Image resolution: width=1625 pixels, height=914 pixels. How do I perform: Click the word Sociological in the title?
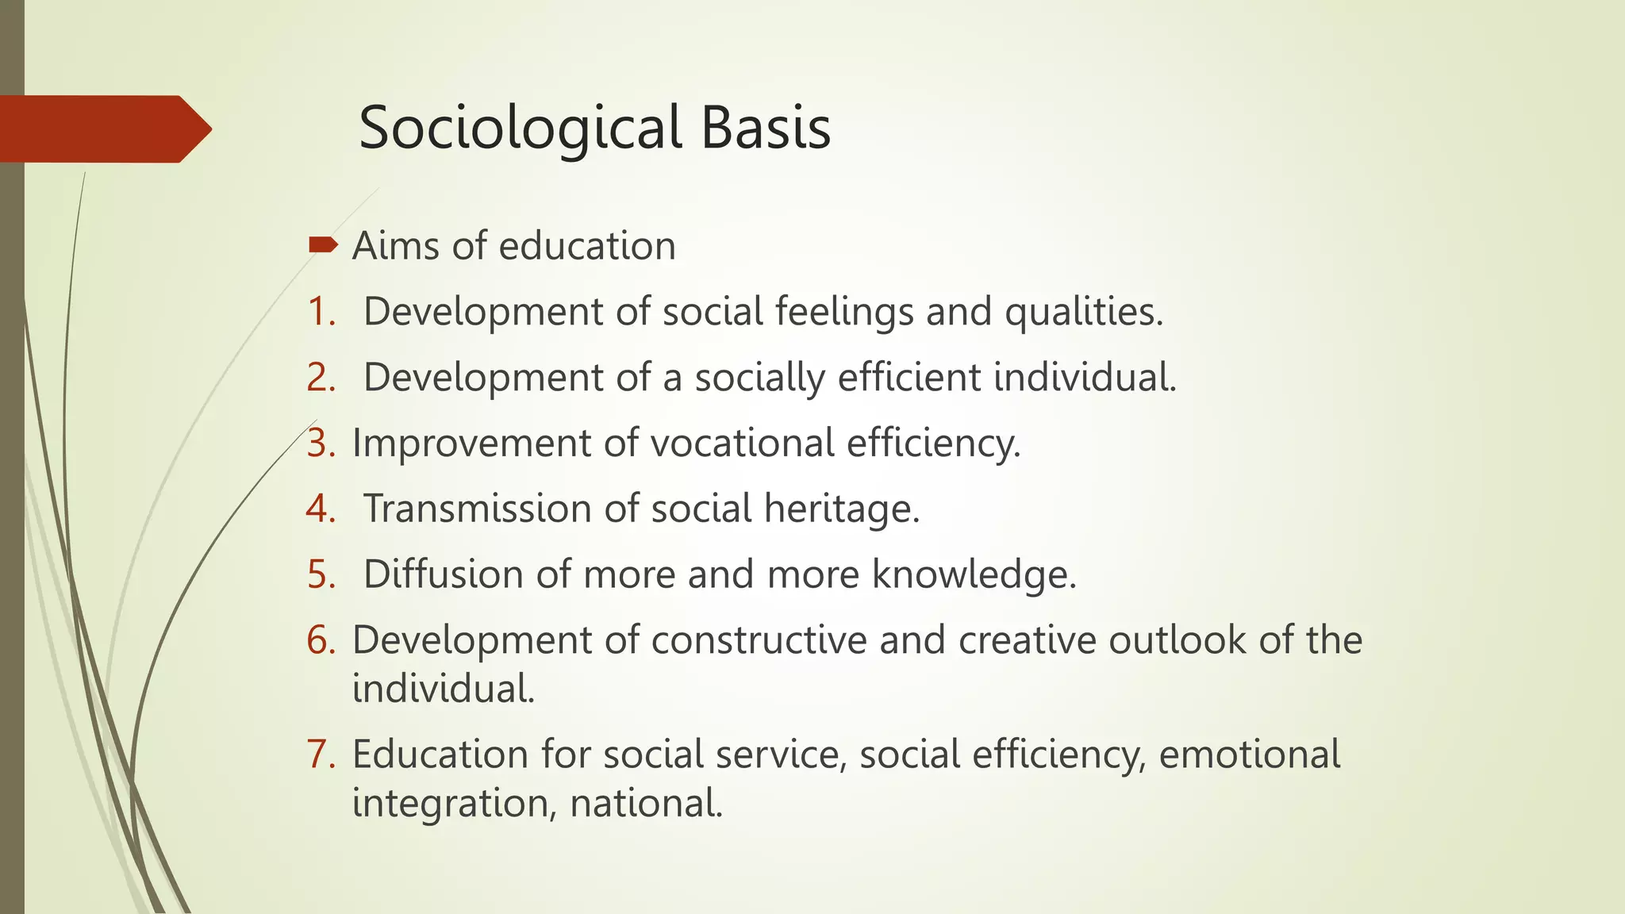520,129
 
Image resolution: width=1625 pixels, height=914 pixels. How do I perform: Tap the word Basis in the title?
766,129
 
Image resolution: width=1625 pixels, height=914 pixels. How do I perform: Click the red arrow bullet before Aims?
322,244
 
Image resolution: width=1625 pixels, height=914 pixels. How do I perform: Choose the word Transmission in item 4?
477,509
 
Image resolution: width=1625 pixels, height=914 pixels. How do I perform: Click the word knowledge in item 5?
974,574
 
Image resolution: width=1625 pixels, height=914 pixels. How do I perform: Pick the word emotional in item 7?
1249,755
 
